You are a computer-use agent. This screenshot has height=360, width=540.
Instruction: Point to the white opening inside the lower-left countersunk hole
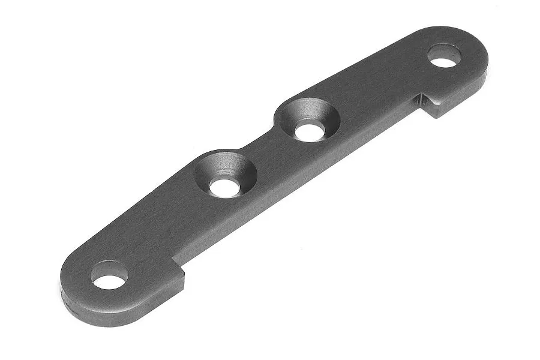(224, 187)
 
